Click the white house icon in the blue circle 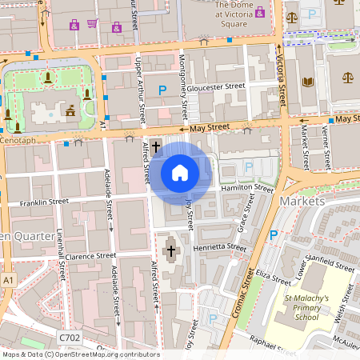180,173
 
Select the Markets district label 302,201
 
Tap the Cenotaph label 18,141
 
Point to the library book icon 308,82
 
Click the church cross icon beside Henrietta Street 170,252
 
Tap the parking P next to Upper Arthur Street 163,91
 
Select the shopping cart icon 94,24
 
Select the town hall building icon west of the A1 70,111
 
